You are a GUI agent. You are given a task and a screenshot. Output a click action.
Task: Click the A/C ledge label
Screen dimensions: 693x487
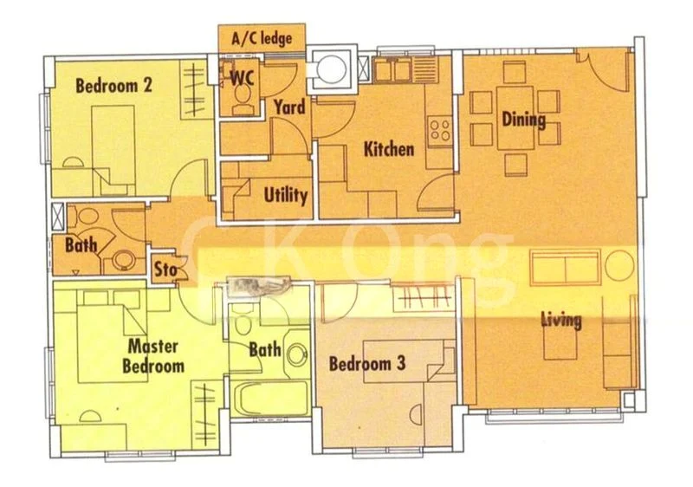262,38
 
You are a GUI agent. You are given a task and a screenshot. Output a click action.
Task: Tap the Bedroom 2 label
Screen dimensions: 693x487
113,85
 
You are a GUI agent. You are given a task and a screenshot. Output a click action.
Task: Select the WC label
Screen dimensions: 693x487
243,78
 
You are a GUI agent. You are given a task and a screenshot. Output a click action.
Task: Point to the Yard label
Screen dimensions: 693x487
289,107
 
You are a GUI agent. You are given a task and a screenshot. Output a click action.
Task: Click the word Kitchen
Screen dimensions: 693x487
389,149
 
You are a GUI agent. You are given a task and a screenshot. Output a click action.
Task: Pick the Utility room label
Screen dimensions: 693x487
286,195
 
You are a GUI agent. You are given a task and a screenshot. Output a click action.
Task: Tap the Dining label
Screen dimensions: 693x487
524,120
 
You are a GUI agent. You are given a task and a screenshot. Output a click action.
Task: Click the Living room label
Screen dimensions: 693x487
561,321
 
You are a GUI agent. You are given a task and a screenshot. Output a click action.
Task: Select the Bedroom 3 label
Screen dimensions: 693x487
367,364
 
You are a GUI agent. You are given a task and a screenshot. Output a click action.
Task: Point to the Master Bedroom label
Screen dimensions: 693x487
153,356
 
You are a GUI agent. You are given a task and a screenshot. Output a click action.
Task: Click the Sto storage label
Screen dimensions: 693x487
165,269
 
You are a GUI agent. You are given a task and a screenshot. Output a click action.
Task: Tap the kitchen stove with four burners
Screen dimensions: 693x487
440,129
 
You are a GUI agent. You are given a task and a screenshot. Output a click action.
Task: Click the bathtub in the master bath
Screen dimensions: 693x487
270,398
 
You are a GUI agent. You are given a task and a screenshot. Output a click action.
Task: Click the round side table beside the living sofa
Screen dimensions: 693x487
619,264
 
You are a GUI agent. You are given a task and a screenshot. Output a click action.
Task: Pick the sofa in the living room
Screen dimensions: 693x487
566,268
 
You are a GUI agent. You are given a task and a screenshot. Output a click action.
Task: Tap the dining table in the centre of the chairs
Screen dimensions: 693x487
515,118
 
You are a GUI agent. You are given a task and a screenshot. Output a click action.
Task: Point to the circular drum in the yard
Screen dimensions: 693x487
332,68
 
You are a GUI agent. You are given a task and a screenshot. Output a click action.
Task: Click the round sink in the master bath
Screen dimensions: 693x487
297,354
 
